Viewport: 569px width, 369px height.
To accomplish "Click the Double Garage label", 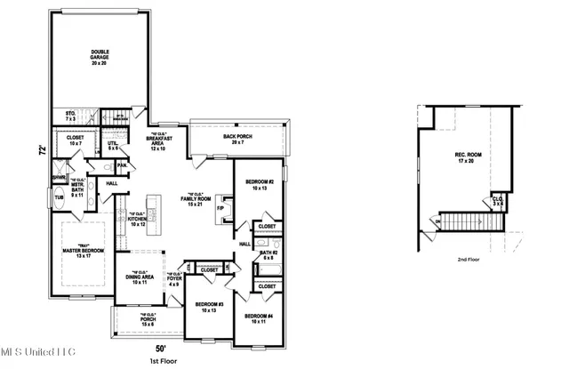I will click(99, 58).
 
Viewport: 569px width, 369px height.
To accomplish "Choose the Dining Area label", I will click(140, 278).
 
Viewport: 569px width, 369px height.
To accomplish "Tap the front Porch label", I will click(148, 319).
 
